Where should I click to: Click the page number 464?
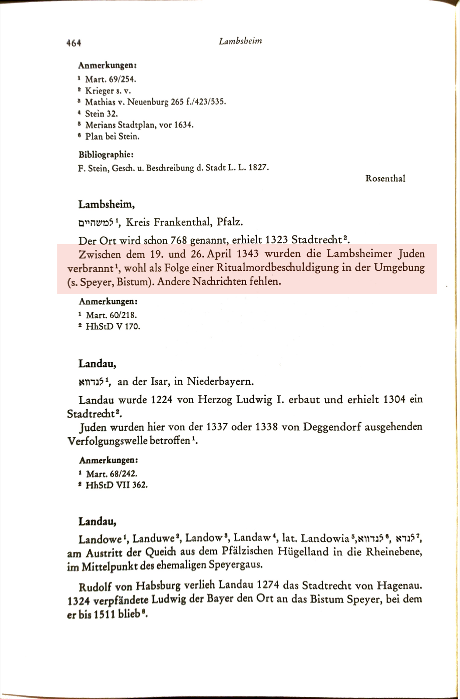coord(73,42)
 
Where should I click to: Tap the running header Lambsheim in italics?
coord(240,41)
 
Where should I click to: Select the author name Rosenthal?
coord(385,178)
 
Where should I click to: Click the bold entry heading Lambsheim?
coord(106,204)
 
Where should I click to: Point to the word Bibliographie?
coord(106,154)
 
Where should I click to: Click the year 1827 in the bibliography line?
coord(258,167)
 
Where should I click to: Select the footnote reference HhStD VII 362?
coord(116,484)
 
